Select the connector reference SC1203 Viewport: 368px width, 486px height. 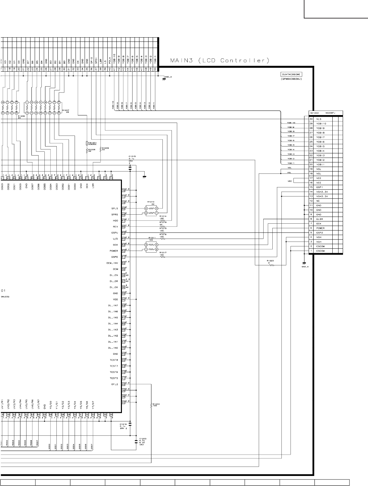pyautogui.click(x=314, y=113)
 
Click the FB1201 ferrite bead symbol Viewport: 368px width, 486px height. pyautogui.click(x=87, y=143)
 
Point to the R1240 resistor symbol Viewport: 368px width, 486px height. pyautogui.click(x=151, y=405)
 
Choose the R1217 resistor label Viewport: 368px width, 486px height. pyautogui.click(x=163, y=253)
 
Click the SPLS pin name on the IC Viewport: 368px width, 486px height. pyautogui.click(x=114, y=208)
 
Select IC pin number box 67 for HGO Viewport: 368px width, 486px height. pyautogui.click(x=124, y=220)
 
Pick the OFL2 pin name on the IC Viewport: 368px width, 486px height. pyautogui.click(x=114, y=384)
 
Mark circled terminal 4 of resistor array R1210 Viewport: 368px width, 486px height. pyautogui.click(x=146, y=208)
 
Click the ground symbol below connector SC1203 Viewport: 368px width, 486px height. pyautogui.click(x=304, y=263)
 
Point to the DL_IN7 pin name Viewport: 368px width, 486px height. pyautogui.click(x=113, y=305)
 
